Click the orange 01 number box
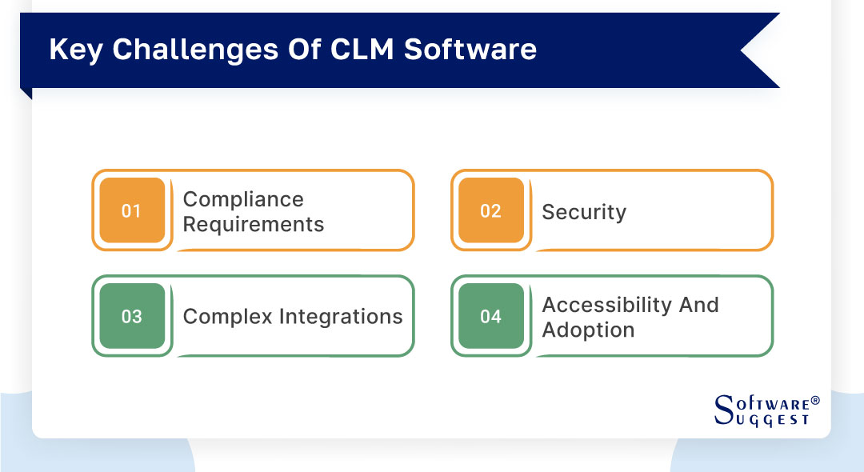coord(131,211)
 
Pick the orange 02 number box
coord(490,211)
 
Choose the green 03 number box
coord(131,317)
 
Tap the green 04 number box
coord(490,317)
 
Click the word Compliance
coord(243,199)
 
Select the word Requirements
coord(254,224)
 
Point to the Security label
coord(584,212)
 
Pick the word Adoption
coord(588,330)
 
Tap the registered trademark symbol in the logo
coord(815,399)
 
